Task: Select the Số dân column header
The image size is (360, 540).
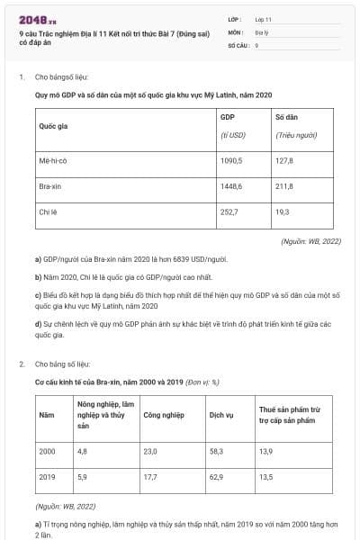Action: (287, 117)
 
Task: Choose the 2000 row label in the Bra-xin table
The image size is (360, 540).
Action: (48, 449)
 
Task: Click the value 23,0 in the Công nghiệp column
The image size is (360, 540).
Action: (150, 449)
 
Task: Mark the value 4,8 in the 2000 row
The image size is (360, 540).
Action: (83, 449)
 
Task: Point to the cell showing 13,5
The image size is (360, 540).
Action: (265, 476)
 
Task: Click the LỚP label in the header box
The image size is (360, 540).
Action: (236, 19)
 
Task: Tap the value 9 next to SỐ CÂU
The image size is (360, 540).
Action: (256, 43)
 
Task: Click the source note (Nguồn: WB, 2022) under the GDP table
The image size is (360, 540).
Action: (310, 242)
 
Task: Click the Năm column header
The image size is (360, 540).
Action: (47, 415)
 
